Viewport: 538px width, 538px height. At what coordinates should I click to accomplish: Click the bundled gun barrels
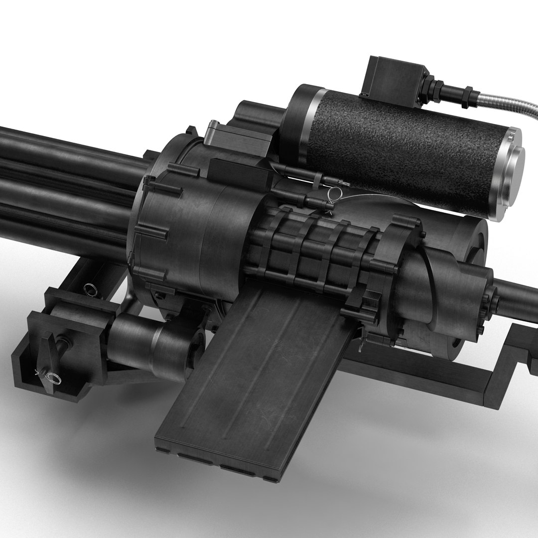point(65,179)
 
